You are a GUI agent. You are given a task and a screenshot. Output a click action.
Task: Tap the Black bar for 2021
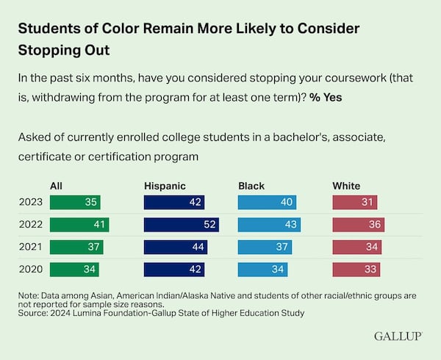(x=265, y=247)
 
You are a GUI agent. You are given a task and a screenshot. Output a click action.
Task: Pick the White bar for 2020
(x=356, y=270)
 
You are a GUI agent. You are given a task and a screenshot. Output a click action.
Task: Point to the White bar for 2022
(x=359, y=225)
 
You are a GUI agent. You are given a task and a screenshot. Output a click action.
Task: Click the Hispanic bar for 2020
(x=174, y=270)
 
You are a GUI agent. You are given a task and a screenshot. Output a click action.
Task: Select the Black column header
(x=251, y=186)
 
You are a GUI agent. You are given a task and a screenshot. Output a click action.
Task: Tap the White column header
(x=347, y=186)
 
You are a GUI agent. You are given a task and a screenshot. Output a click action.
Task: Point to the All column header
(x=56, y=186)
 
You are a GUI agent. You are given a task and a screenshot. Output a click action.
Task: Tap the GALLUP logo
(x=398, y=336)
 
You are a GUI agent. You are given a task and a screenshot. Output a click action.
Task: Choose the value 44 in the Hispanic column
(x=196, y=247)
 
